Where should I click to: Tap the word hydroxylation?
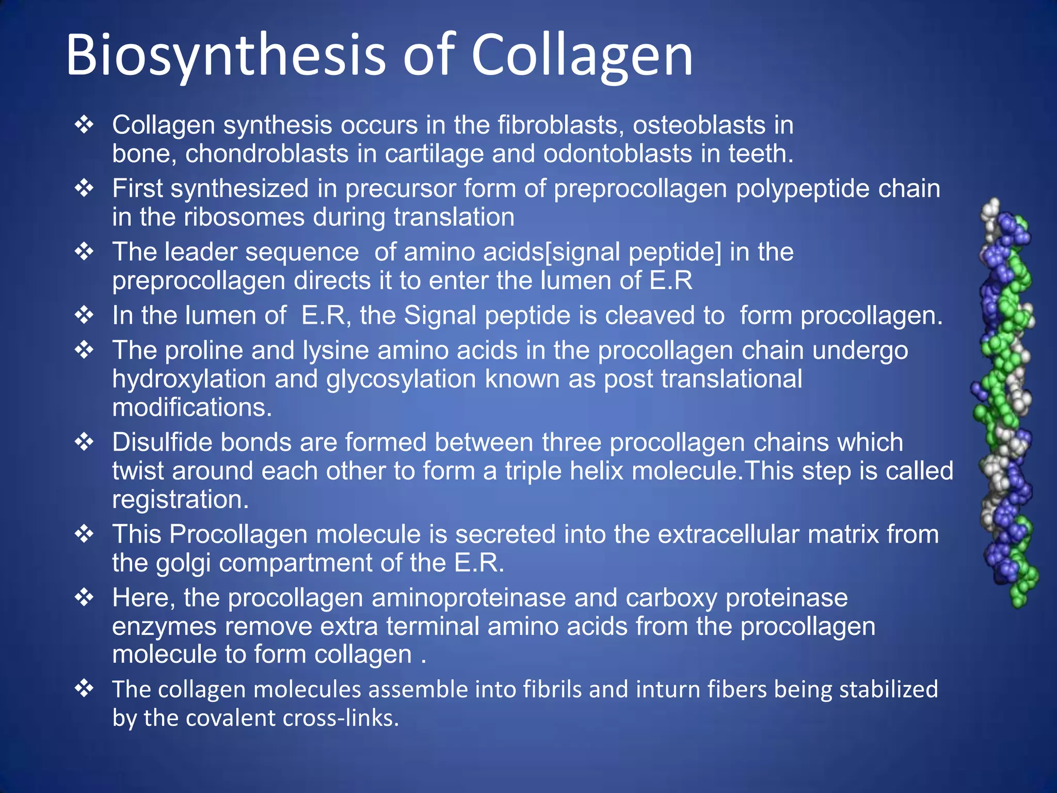[189, 379]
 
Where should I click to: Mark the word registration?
[180, 499]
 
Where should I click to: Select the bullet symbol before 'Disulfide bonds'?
[84, 442]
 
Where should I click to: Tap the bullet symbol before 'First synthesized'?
[84, 188]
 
